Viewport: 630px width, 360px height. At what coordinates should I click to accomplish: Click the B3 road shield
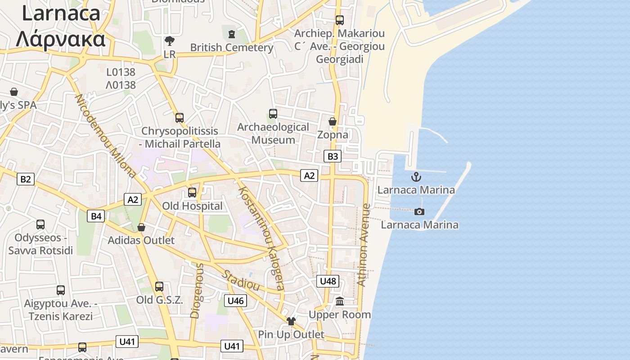point(332,156)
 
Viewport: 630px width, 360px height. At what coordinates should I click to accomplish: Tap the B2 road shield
point(26,179)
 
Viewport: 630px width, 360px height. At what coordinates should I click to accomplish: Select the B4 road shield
point(96,216)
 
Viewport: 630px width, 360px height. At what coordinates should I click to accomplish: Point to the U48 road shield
point(328,281)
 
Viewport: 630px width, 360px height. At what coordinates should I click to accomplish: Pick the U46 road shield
point(236,301)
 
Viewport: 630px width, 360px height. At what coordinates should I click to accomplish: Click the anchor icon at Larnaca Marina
point(416,176)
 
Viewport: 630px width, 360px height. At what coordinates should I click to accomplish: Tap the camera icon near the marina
point(419,211)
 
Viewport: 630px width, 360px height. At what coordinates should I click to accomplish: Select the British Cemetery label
point(232,47)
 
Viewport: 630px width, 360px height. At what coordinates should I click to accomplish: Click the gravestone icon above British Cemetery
point(232,34)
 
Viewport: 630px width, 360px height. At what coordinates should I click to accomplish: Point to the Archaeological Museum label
point(273,133)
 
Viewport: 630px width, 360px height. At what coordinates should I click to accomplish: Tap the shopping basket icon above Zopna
point(333,121)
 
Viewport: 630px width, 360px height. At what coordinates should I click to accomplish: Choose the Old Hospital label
point(192,206)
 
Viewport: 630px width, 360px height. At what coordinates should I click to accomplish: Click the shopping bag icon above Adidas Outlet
point(141,227)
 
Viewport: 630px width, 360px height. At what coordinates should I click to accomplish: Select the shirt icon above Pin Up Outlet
point(291,321)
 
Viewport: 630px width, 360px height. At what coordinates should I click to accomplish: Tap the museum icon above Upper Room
point(340,301)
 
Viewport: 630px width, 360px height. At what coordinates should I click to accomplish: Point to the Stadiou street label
point(241,280)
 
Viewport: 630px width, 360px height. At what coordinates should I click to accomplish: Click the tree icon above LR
point(170,41)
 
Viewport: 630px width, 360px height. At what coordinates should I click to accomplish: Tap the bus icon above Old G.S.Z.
point(159,287)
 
